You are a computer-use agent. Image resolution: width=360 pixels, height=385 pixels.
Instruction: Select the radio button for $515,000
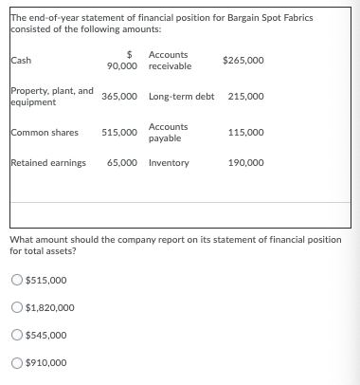(17, 280)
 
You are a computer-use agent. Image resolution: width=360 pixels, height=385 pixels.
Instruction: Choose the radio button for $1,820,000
(17, 307)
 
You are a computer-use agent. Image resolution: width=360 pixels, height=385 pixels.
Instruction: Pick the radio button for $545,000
(17, 335)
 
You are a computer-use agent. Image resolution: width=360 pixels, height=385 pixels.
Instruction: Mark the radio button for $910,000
(17, 362)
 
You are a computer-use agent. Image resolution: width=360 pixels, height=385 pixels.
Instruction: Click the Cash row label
(20, 61)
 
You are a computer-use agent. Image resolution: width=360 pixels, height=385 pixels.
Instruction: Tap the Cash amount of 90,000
(122, 65)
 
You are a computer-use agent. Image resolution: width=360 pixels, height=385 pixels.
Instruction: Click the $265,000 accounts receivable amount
(243, 61)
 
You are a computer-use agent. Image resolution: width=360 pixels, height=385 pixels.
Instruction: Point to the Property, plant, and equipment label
(51, 96)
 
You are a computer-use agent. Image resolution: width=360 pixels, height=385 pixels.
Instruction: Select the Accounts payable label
(168, 133)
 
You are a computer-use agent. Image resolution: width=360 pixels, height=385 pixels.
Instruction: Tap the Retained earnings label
(48, 163)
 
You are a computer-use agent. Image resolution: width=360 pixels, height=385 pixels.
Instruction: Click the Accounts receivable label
(170, 61)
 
